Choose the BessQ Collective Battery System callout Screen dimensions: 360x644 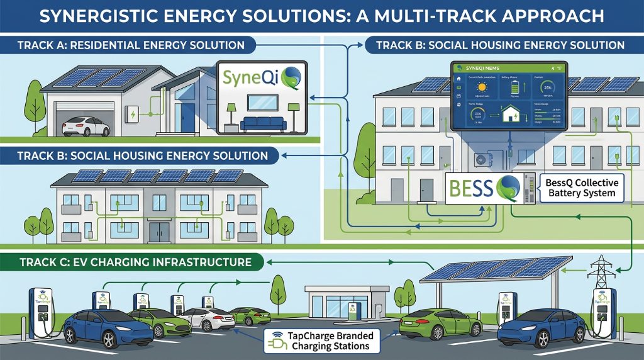click(582, 188)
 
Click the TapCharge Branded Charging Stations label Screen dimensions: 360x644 click(323, 340)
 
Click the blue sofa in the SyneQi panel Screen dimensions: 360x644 click(264, 123)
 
